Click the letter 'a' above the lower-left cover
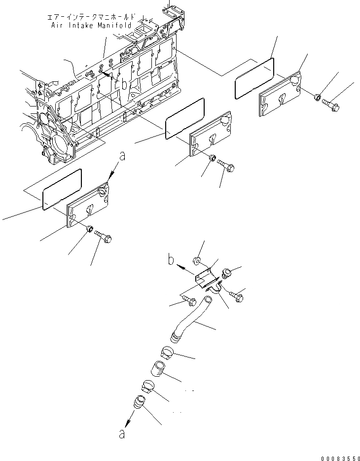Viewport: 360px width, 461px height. [122, 156]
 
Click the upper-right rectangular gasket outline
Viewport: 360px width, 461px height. [254, 76]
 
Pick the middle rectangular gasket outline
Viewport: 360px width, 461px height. [184, 118]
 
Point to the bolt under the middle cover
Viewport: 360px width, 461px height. [227, 168]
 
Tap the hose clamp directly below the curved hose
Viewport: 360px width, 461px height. [168, 353]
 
